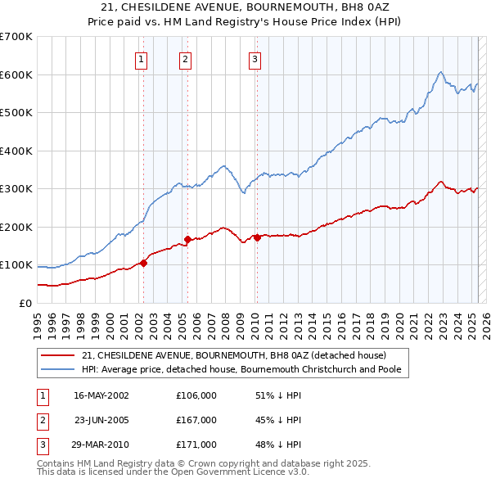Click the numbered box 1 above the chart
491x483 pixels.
click(x=142, y=58)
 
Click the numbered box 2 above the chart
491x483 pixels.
click(x=186, y=58)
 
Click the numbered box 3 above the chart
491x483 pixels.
click(x=255, y=58)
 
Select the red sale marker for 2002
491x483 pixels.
click(x=143, y=263)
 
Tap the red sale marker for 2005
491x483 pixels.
click(x=188, y=239)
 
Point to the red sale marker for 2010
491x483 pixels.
click(x=257, y=237)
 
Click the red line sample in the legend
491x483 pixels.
click(x=57, y=355)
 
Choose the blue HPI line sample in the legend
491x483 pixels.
click(x=57, y=369)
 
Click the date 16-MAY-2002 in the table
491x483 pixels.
click(x=101, y=395)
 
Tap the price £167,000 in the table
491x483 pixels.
click(x=196, y=420)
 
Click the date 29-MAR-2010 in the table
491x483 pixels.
click(x=101, y=445)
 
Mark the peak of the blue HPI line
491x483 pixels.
click(x=441, y=72)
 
